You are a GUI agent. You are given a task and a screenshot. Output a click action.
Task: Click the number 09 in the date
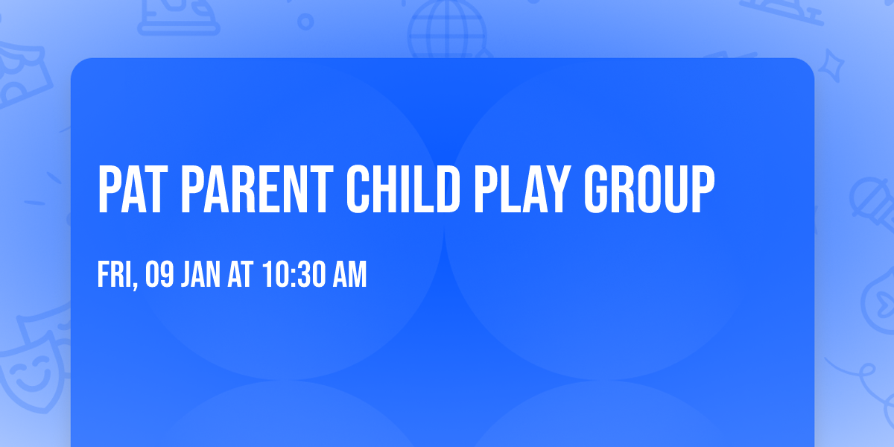(x=161, y=276)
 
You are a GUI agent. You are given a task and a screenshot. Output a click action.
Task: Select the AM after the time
(x=349, y=276)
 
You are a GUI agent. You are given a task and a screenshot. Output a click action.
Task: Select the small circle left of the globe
(x=305, y=22)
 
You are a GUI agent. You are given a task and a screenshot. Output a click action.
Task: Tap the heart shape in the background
(x=879, y=298)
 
